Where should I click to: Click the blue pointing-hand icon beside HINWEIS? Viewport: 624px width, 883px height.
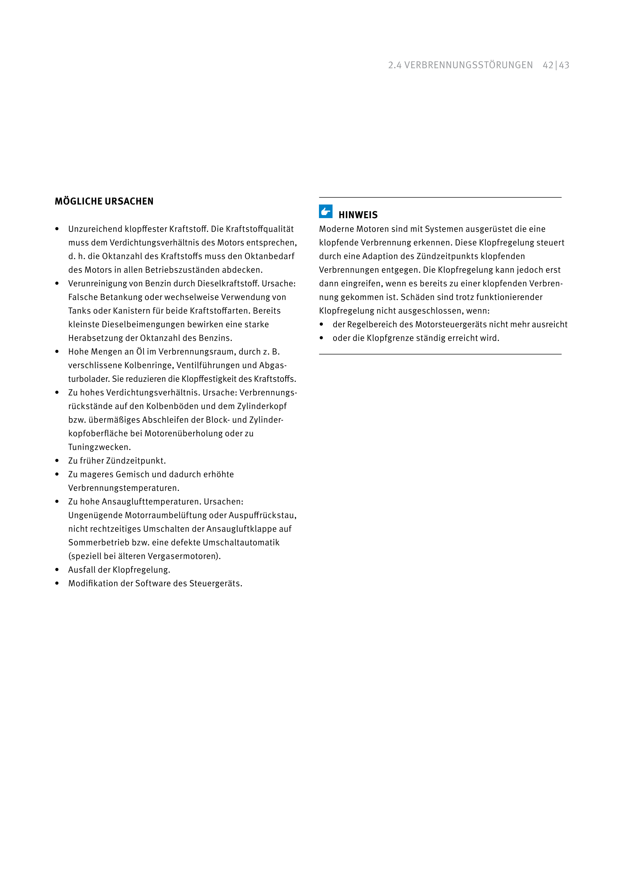pyautogui.click(x=326, y=211)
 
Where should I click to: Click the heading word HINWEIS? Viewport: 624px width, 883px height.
pyautogui.click(x=358, y=215)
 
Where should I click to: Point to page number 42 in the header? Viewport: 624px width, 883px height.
pyautogui.click(x=548, y=65)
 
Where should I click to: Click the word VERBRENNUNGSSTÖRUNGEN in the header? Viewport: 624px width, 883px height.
pyautogui.click(x=468, y=65)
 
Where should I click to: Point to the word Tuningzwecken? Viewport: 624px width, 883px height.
pyautogui.click(x=99, y=447)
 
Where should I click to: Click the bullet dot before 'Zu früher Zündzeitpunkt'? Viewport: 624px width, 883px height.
pyautogui.click(x=57, y=461)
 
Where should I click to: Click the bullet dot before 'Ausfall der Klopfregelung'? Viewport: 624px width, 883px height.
pyautogui.click(x=57, y=570)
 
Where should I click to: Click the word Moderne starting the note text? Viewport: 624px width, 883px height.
pyautogui.click(x=336, y=229)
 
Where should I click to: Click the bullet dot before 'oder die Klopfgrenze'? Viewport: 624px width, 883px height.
pyautogui.click(x=321, y=338)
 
